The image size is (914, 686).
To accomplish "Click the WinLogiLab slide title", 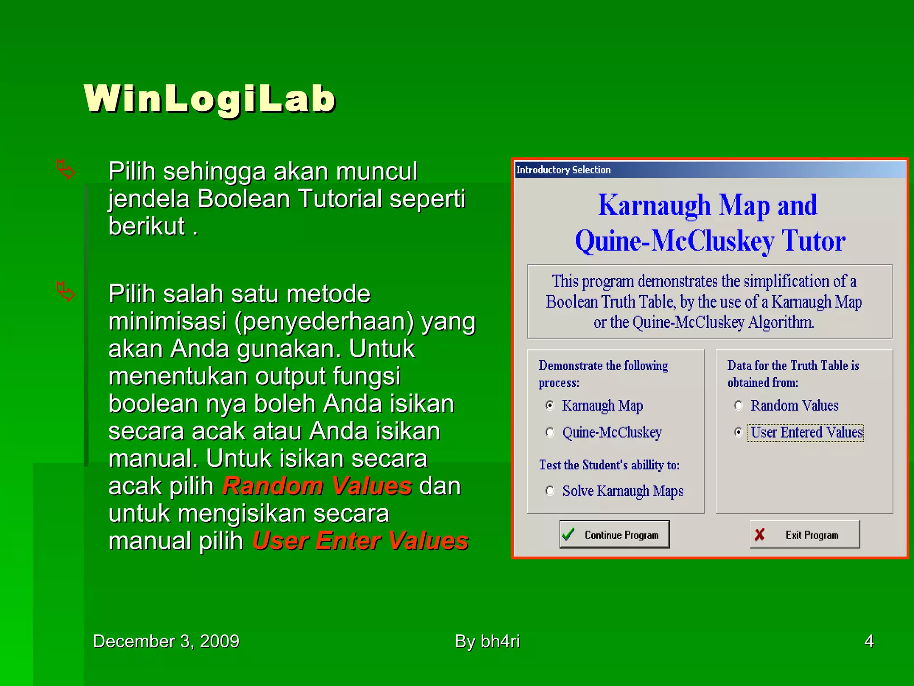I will [x=209, y=99].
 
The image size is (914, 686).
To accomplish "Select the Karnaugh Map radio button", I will [x=550, y=405].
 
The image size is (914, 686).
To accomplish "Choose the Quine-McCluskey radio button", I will [x=550, y=432].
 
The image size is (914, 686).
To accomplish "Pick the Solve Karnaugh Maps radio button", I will [x=550, y=491].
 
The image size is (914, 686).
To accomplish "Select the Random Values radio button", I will [x=739, y=405].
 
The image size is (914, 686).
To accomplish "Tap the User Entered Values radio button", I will [x=739, y=432].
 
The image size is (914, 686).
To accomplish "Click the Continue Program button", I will [x=615, y=534].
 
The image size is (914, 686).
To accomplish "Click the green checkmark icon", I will [x=569, y=534].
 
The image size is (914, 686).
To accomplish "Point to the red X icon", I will [x=760, y=534].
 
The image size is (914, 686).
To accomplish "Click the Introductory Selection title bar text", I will [x=563, y=170].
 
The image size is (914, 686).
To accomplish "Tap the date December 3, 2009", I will [x=166, y=641].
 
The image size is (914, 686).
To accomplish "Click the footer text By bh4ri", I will [x=487, y=641].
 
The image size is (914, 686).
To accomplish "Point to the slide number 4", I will [x=869, y=641].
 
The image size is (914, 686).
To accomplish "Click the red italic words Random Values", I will [x=317, y=486].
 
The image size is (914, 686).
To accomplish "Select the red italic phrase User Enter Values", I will [x=360, y=541].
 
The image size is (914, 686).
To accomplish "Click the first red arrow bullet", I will [x=66, y=170].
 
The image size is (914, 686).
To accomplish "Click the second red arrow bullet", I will [x=66, y=292].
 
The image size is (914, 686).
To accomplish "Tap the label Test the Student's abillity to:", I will [x=609, y=465].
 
